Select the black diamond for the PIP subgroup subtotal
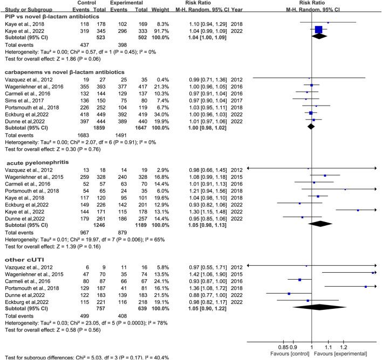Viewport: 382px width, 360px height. click(319, 37)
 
